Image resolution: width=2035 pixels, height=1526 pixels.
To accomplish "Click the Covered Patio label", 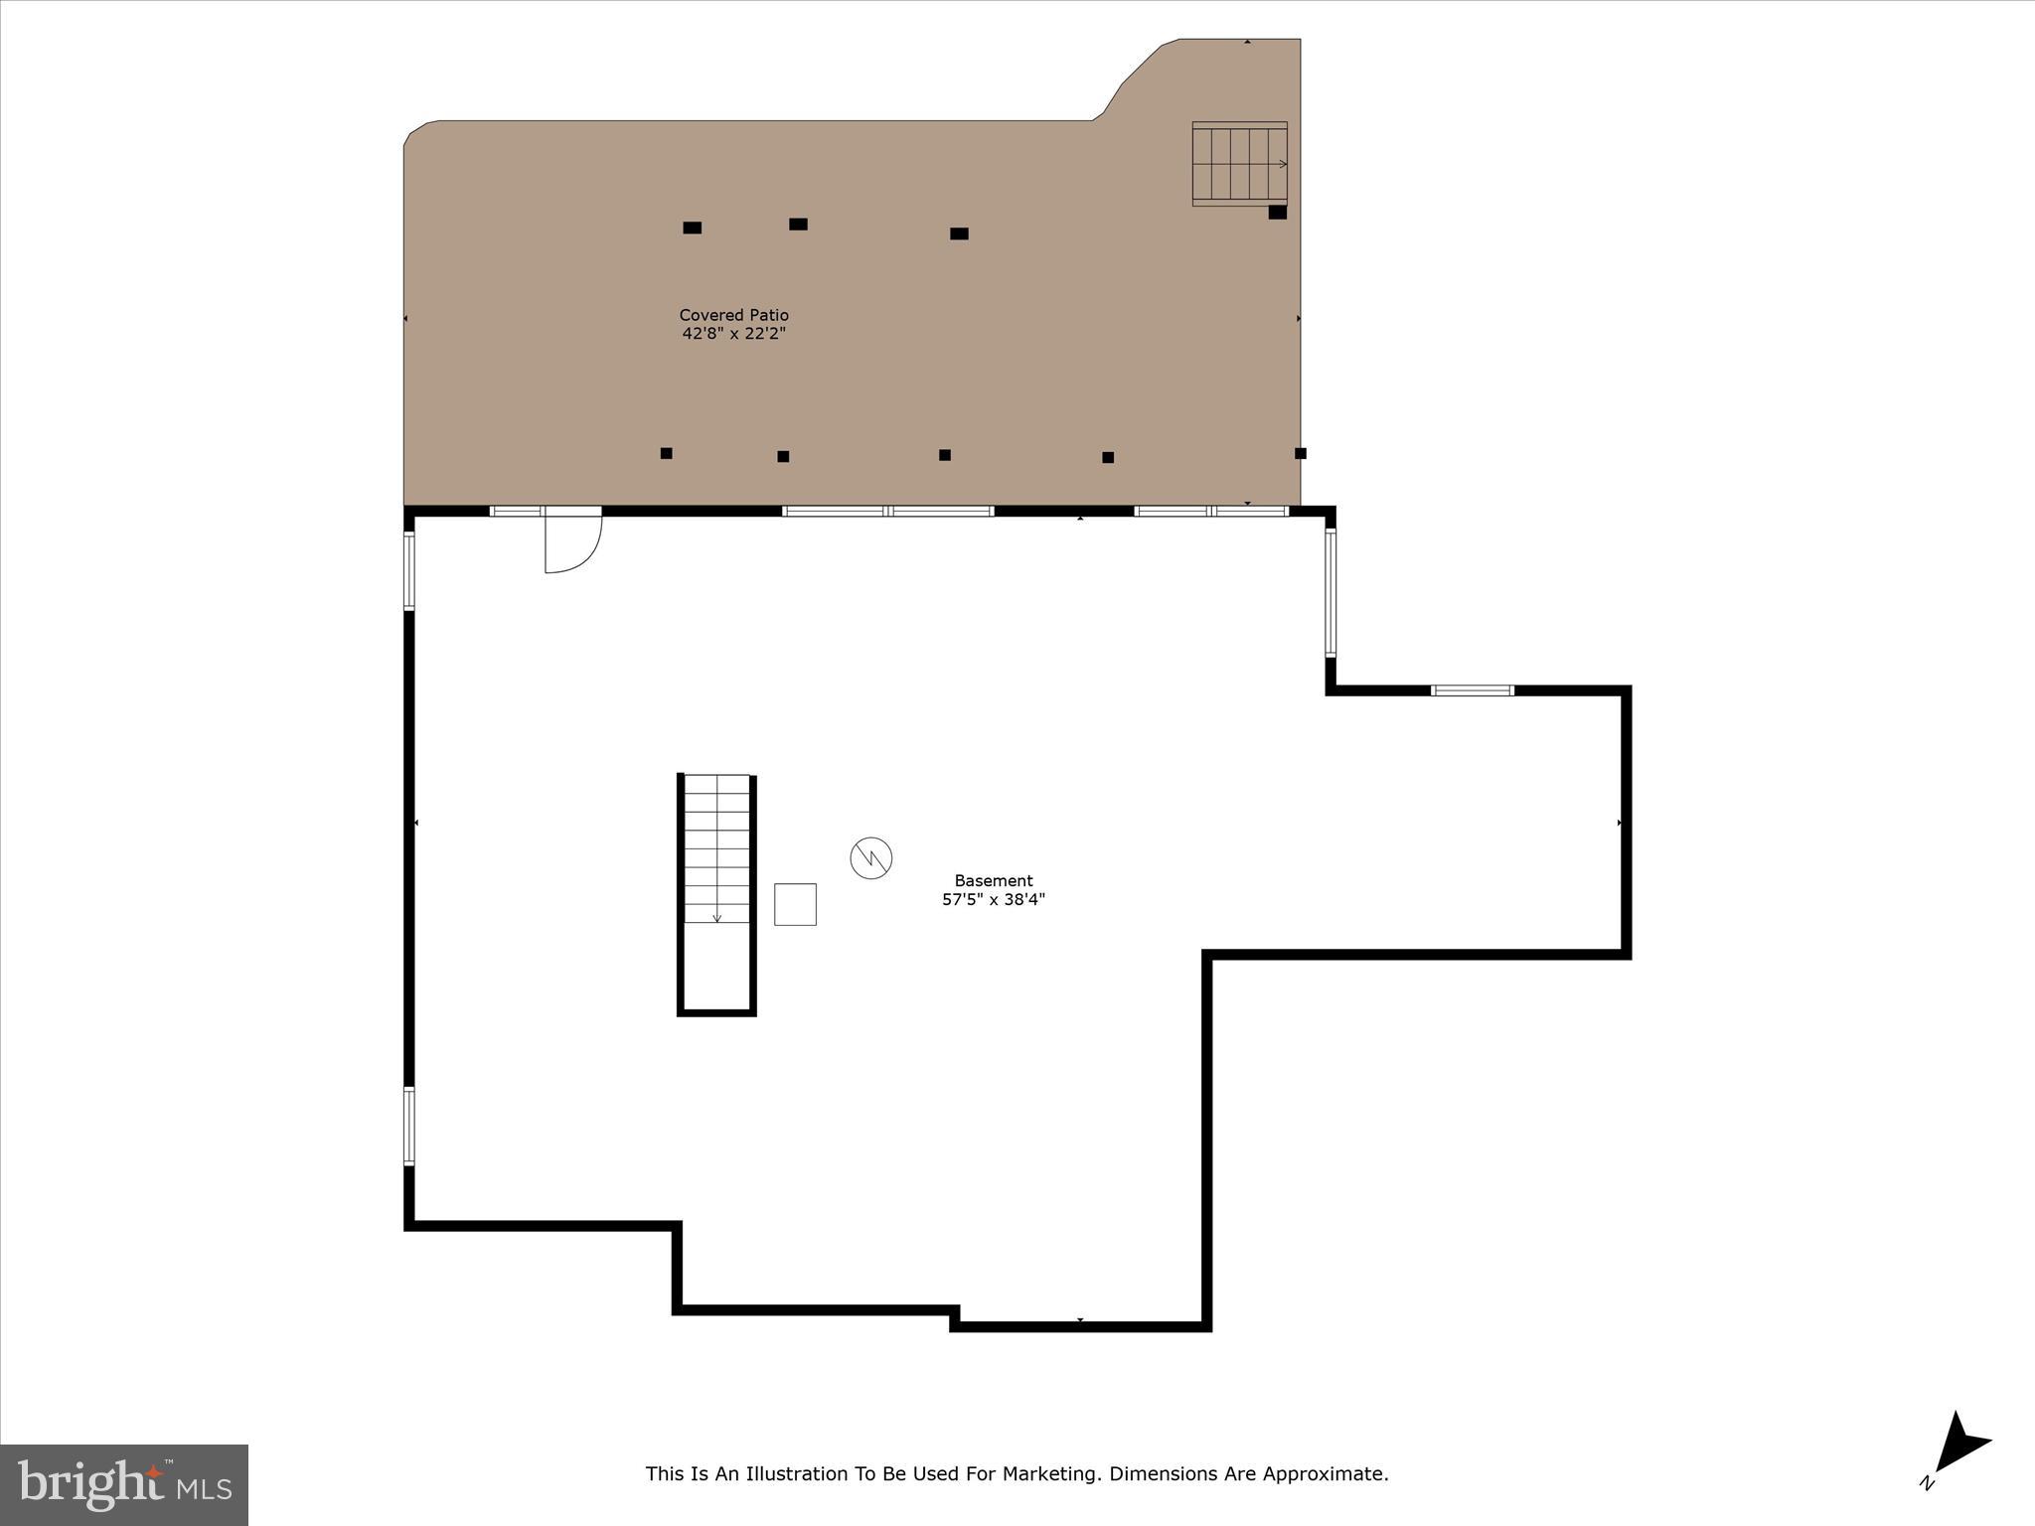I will [x=733, y=315].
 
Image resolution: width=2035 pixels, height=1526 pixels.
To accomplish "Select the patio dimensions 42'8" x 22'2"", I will [x=733, y=334].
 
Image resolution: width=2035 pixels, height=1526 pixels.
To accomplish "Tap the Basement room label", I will [x=993, y=880].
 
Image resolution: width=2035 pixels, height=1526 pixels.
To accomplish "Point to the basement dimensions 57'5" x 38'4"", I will [x=993, y=900].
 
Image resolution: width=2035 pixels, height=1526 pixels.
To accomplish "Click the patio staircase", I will [x=1239, y=164].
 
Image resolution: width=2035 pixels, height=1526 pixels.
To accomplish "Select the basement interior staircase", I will [x=716, y=849].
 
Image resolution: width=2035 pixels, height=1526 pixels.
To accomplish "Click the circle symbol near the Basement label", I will [x=871, y=857].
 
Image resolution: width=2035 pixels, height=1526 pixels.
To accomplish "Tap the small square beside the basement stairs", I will [x=795, y=904].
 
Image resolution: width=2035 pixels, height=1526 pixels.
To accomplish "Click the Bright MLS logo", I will [x=124, y=1484].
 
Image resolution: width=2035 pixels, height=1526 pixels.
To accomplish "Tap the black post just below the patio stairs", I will [x=1278, y=212].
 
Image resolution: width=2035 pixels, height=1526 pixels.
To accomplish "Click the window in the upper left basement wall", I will [x=408, y=570].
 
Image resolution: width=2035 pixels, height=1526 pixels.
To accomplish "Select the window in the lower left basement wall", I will [x=408, y=1125].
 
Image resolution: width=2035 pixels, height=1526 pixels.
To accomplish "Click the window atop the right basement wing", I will [x=1472, y=689].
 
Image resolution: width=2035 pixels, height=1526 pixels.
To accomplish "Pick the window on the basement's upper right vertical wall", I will [x=1331, y=592].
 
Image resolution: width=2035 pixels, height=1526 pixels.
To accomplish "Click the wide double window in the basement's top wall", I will [x=887, y=511].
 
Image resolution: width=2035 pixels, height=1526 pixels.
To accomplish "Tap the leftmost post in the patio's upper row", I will [x=693, y=228].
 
